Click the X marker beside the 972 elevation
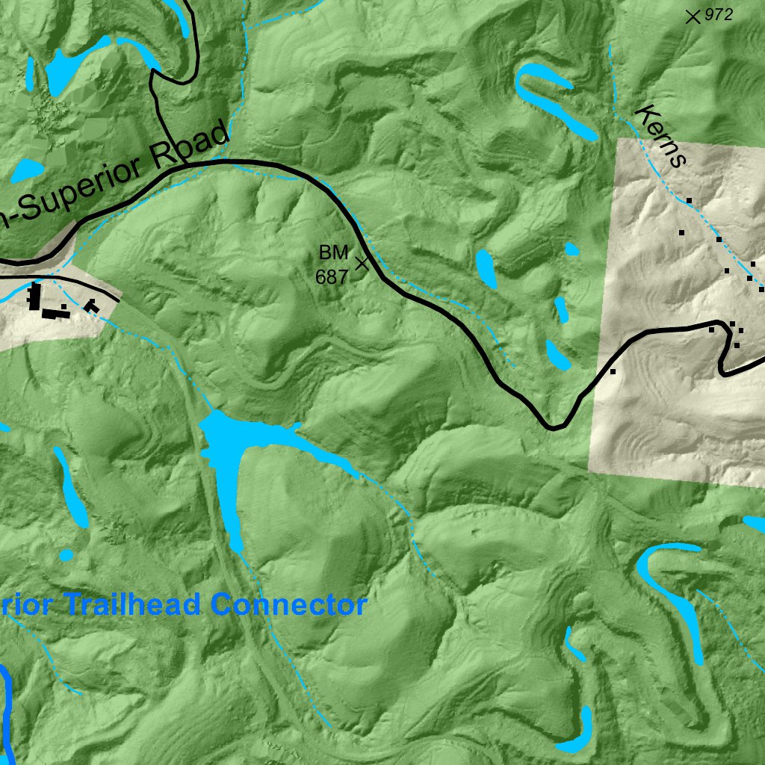coord(693,16)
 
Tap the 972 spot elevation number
coord(719,13)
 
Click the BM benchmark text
coord(333,253)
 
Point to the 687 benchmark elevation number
coord(332,277)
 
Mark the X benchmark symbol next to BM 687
coord(362,263)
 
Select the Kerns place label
coord(660,136)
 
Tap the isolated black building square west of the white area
coord(613,371)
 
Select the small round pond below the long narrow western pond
coord(66,555)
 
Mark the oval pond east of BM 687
coord(486,268)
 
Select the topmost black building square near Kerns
coord(689,200)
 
